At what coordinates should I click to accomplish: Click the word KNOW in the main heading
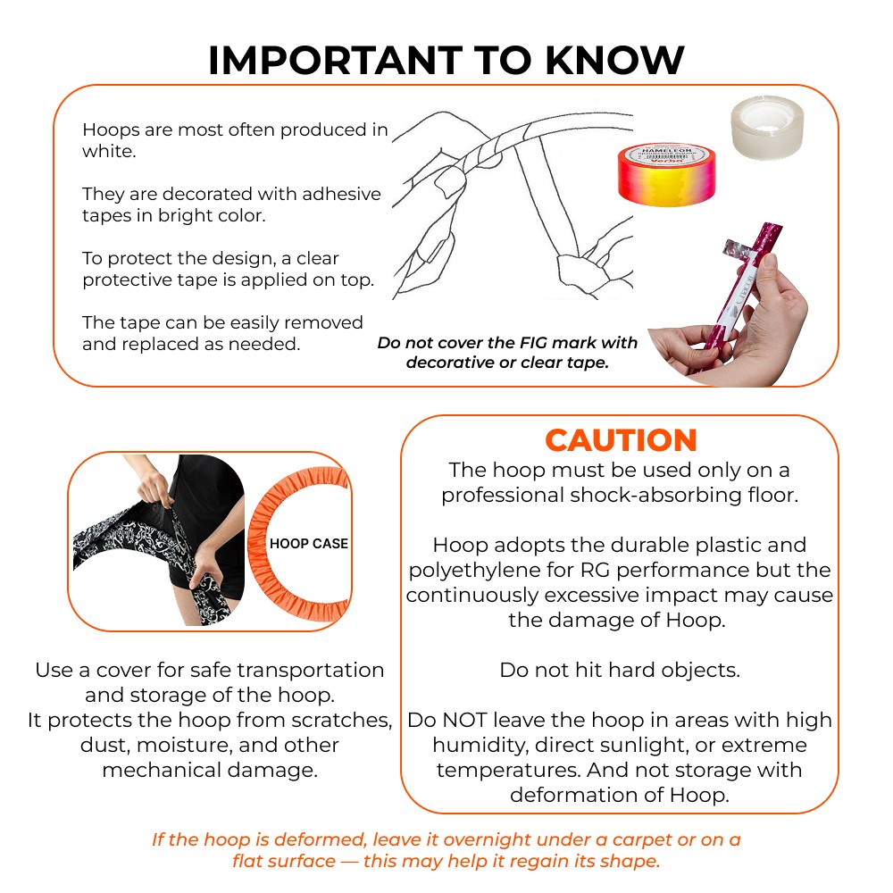click(x=615, y=60)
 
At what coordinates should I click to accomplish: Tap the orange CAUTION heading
click(x=621, y=440)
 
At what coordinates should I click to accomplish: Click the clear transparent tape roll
click(x=767, y=128)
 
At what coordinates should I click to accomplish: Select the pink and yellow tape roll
click(x=667, y=174)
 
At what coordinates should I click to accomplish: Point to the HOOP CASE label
click(x=309, y=543)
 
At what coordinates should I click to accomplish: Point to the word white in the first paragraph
click(x=108, y=151)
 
